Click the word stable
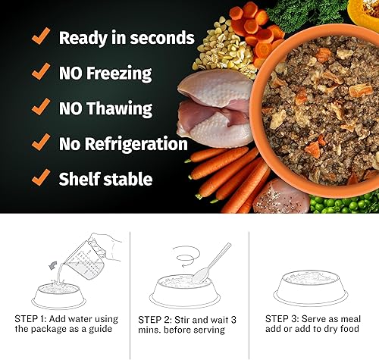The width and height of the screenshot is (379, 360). [128, 180]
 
